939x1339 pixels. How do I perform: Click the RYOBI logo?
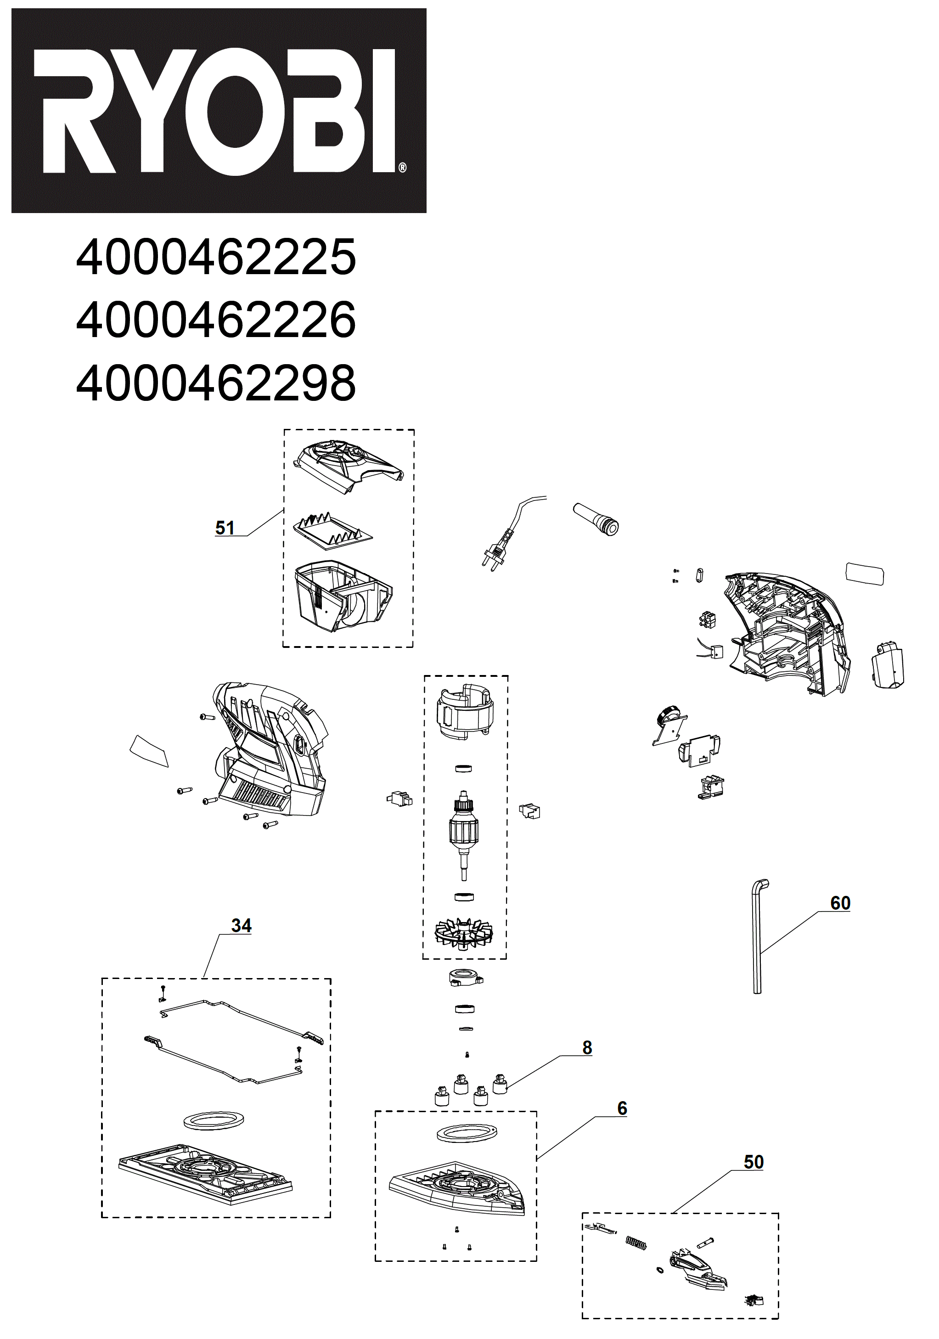pos(219,111)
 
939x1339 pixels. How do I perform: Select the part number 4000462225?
pos(216,257)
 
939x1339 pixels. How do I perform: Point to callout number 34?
pos(241,926)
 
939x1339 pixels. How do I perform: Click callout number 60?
pos(840,903)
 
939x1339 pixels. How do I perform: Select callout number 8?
pos(587,1047)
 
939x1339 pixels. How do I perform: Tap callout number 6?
pos(622,1108)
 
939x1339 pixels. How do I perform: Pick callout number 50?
pos(753,1162)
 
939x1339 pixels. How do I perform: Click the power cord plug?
pos(496,551)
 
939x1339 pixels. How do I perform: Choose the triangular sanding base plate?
pos(458,1187)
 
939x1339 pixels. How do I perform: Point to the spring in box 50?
pos(636,1243)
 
